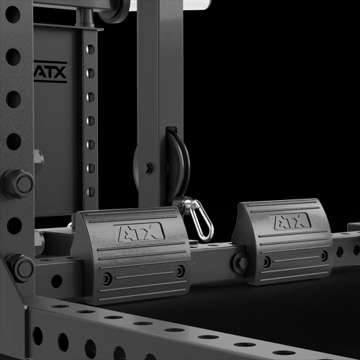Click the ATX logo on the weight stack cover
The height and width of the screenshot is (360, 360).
50,72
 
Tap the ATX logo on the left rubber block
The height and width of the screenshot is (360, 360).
139,232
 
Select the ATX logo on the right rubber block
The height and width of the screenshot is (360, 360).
290,221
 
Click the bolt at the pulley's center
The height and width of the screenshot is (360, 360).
148,168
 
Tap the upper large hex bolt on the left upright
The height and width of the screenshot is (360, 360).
18,184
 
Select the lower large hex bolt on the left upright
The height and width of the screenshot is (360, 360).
19,268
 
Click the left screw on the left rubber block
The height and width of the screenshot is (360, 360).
107,279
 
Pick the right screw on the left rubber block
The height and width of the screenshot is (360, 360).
180,271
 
